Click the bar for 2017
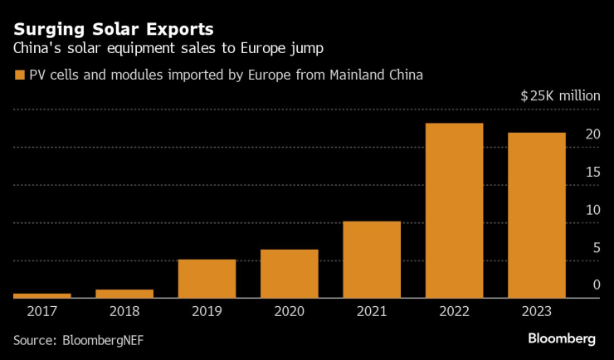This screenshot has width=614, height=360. click(x=42, y=295)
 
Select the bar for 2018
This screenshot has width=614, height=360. click(x=124, y=293)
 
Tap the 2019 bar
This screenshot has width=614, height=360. click(x=207, y=279)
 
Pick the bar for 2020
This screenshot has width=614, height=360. click(x=290, y=274)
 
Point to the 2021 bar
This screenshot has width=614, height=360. click(x=372, y=260)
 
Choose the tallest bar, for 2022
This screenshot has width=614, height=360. click(x=454, y=211)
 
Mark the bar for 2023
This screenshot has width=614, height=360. click(x=537, y=216)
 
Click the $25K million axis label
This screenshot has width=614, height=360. click(x=560, y=95)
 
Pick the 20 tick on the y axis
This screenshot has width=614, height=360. click(x=592, y=134)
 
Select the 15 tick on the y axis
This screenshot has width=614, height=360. click(x=592, y=172)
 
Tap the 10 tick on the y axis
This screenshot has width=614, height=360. click(x=592, y=210)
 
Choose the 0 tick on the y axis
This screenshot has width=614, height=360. click(x=596, y=285)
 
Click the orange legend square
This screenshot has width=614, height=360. click(x=20, y=75)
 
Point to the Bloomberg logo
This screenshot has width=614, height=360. click(x=562, y=338)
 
